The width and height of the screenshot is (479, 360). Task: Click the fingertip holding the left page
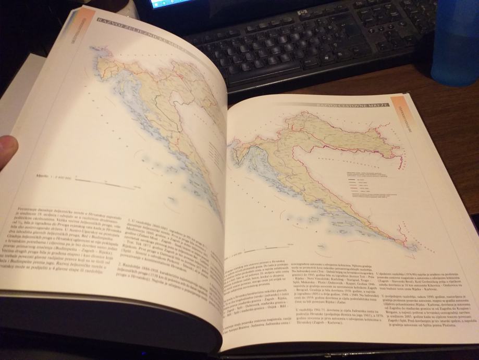pyautogui.click(x=8, y=149)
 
